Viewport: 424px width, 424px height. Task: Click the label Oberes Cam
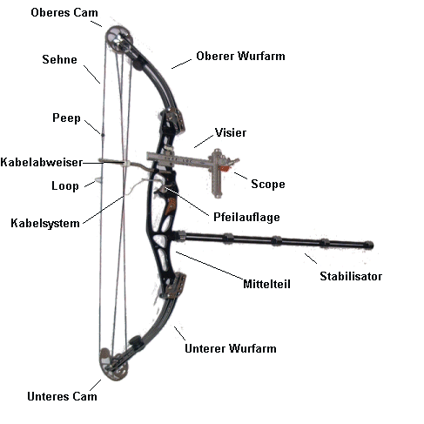pos(64,12)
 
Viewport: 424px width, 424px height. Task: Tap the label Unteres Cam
pos(62,396)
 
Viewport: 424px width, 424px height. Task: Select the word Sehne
pos(60,59)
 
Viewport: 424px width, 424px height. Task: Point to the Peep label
pos(66,118)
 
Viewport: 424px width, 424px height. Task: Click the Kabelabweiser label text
pos(42,162)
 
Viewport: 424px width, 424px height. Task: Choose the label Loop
pos(65,186)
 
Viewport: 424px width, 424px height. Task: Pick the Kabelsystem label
pos(45,223)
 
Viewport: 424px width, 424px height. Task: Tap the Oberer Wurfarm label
pos(240,56)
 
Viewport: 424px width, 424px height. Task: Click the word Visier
pos(231,132)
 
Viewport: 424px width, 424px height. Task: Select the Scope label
pos(268,185)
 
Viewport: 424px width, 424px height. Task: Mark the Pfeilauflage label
pos(246,217)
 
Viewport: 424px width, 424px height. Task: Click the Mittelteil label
pos(266,284)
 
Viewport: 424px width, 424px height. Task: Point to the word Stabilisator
pos(351,276)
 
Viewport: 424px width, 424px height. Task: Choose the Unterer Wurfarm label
pos(231,348)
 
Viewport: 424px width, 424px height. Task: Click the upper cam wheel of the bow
pos(118,40)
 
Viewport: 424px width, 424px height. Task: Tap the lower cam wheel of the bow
pos(114,364)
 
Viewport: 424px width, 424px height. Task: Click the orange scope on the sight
pos(224,168)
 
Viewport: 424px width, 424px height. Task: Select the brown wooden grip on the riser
pos(171,206)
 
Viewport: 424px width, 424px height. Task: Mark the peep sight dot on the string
pos(103,135)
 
